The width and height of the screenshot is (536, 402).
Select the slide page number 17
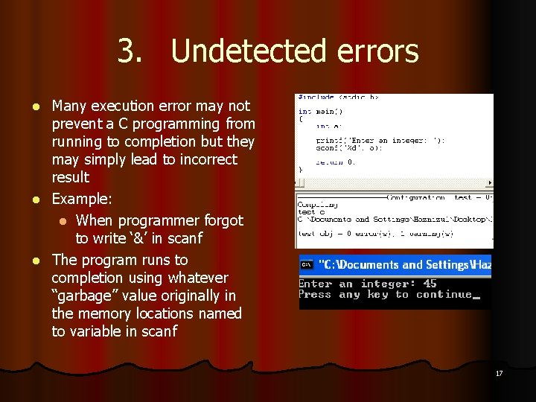[x=499, y=373]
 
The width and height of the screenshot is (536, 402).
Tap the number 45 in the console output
[x=430, y=284]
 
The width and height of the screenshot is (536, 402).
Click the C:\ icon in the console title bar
[x=306, y=264]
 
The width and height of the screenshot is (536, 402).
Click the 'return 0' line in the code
[x=335, y=161]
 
